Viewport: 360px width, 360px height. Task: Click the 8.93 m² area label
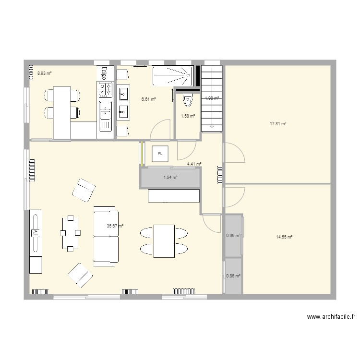pyautogui.click(x=44, y=73)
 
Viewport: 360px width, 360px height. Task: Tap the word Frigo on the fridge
pyautogui.click(x=104, y=73)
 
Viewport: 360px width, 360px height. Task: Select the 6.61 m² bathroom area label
pyautogui.click(x=148, y=99)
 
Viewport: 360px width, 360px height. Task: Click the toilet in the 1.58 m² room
pyautogui.click(x=188, y=102)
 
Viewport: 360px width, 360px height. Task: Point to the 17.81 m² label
pyautogui.click(x=278, y=123)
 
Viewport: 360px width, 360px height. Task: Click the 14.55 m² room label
pyautogui.click(x=284, y=237)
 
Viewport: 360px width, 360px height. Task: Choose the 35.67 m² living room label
pyautogui.click(x=115, y=226)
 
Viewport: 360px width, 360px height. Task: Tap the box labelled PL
pyautogui.click(x=160, y=154)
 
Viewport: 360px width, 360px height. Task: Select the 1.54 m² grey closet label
pyautogui.click(x=170, y=178)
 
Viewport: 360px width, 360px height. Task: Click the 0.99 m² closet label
pyautogui.click(x=233, y=235)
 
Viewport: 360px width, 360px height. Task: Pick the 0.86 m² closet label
pyautogui.click(x=233, y=276)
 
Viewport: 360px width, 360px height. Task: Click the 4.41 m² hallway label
pyautogui.click(x=194, y=164)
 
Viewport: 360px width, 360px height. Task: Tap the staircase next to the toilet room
pyautogui.click(x=211, y=98)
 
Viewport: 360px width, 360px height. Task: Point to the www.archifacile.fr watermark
pyautogui.click(x=331, y=317)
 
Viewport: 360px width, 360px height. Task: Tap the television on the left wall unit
pyautogui.click(x=36, y=232)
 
